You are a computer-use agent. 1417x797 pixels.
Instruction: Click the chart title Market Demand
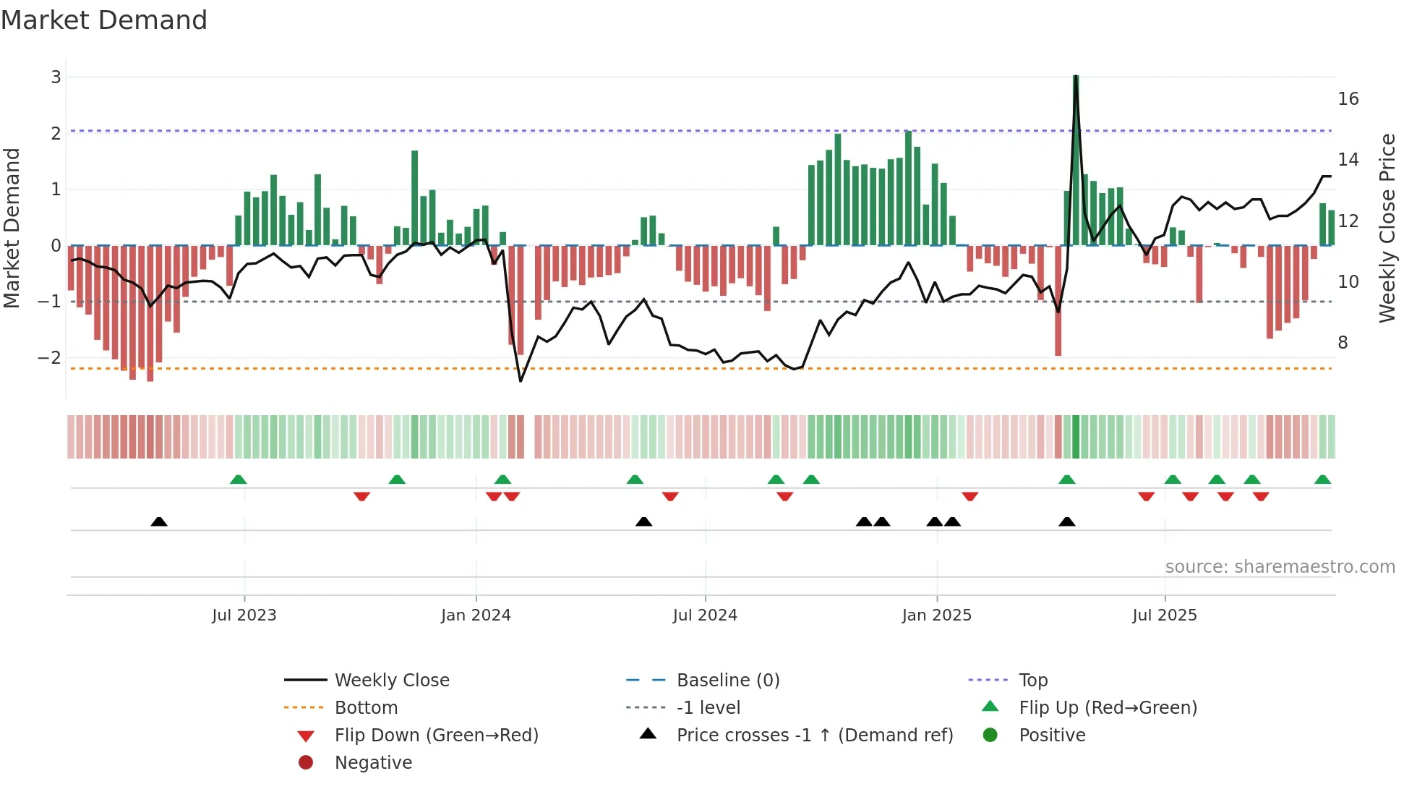[x=104, y=20]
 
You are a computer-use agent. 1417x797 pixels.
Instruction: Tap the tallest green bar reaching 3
[x=1076, y=159]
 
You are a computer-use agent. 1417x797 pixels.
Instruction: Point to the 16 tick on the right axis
[x=1348, y=99]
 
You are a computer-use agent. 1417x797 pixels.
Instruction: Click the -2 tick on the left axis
[x=50, y=358]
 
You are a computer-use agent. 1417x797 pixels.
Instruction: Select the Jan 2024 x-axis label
[x=476, y=615]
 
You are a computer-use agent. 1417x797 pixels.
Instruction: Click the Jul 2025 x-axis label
[x=1164, y=615]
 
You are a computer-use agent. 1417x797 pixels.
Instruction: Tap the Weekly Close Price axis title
[x=1387, y=228]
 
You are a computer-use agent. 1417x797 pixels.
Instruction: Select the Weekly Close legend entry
[x=391, y=681]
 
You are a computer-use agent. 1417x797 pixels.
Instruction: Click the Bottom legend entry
[x=366, y=708]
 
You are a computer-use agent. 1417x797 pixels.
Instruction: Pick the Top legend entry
[x=1032, y=681]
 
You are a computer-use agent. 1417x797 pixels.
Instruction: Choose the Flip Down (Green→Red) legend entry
[x=436, y=736]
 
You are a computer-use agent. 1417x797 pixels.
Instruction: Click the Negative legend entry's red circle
[x=306, y=763]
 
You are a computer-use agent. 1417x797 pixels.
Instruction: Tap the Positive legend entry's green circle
[x=990, y=736]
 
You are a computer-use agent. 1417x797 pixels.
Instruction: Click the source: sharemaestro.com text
[x=1280, y=567]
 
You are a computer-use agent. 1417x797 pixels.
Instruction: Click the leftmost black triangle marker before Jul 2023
[x=159, y=522]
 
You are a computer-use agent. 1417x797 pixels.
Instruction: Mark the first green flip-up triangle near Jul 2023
[x=238, y=480]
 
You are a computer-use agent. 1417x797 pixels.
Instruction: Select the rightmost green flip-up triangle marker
[x=1322, y=480]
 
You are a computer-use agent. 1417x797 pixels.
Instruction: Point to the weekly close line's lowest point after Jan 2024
[x=521, y=380]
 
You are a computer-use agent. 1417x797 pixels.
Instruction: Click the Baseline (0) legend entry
[x=727, y=681]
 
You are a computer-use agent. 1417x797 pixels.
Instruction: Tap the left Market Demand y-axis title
[x=12, y=228]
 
